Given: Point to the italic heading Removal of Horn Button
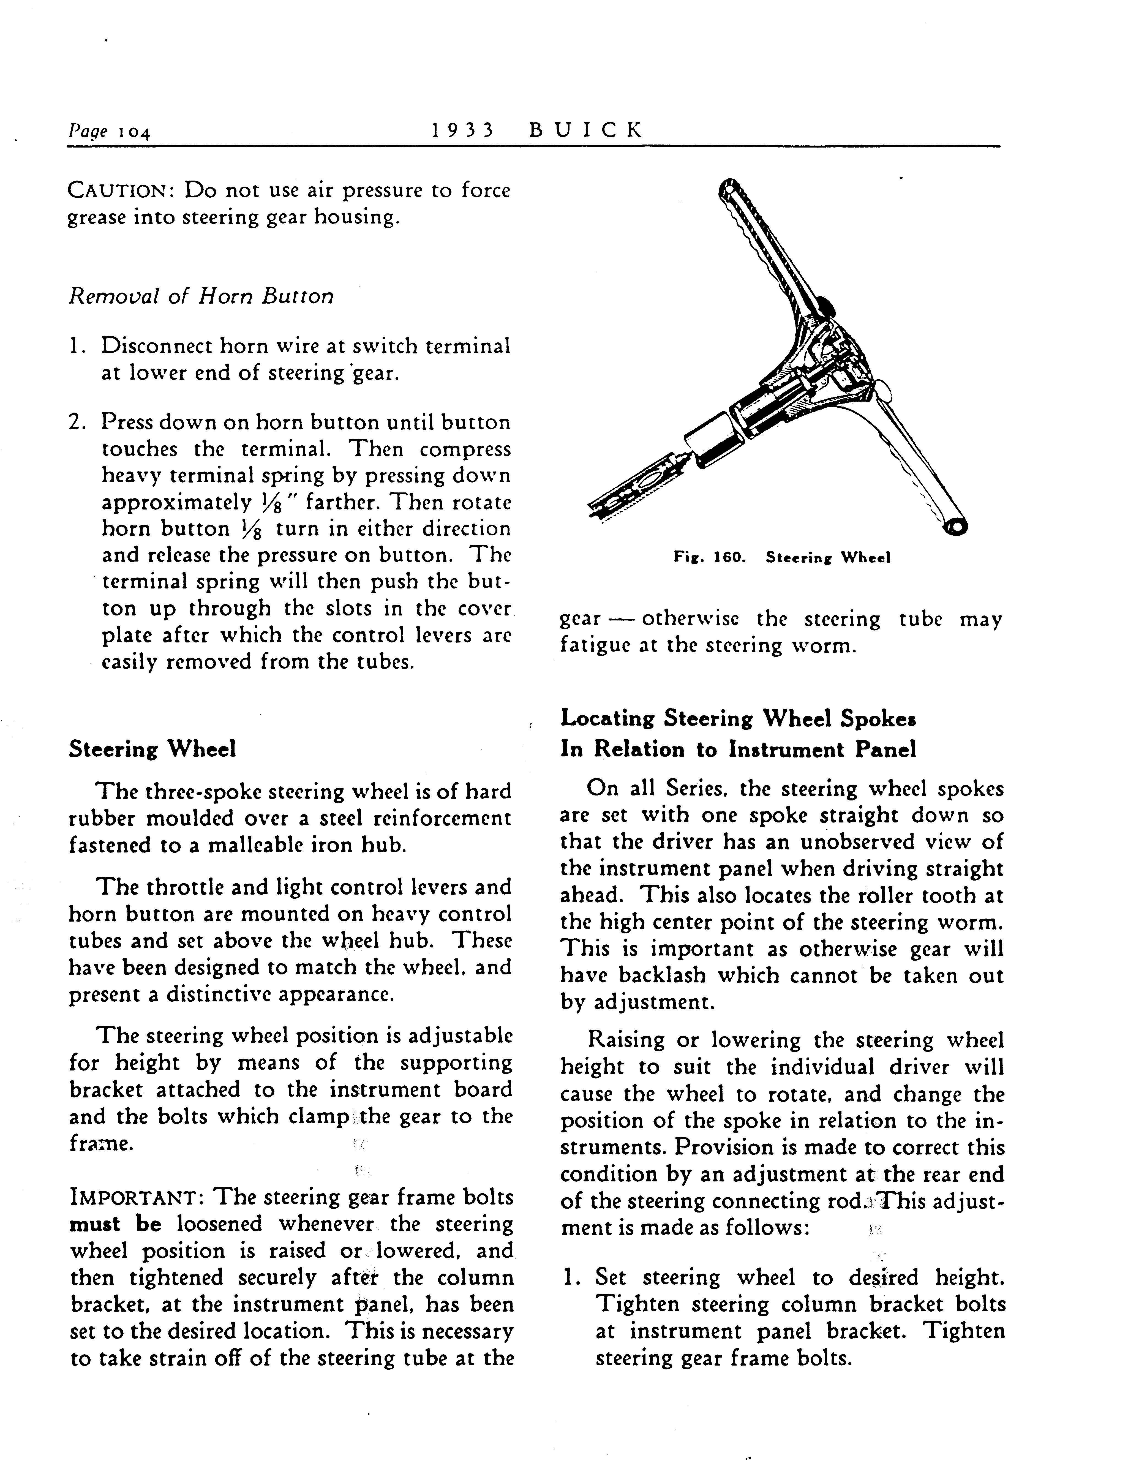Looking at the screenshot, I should coord(201,296).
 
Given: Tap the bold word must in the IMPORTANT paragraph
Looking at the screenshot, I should coord(95,1224).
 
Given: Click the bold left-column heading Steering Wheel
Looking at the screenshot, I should coord(152,750).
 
